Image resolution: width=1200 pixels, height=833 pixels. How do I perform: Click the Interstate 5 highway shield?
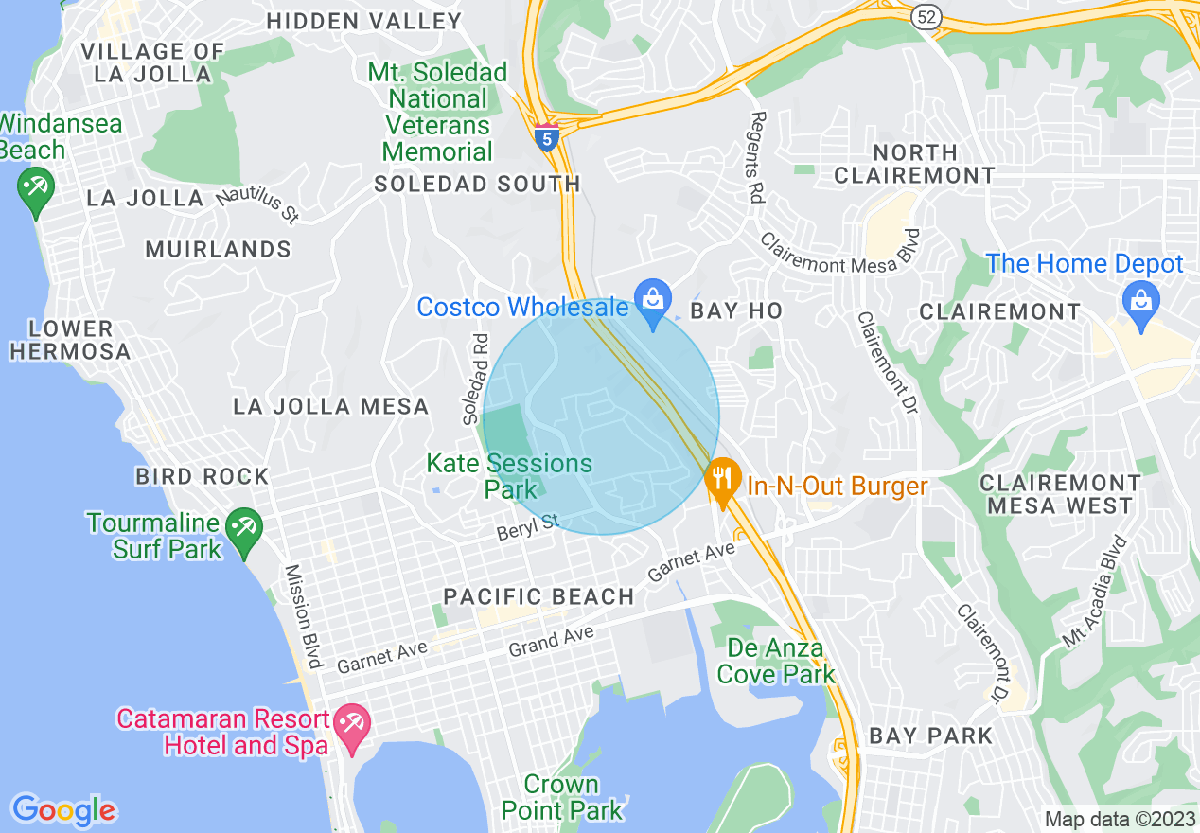tap(546, 136)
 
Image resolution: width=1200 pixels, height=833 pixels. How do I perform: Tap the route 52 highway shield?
tap(926, 16)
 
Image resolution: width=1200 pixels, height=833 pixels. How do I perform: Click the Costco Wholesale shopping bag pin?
tap(652, 302)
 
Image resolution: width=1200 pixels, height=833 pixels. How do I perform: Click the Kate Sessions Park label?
tap(509, 476)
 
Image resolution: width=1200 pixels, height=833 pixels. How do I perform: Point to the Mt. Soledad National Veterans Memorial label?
tap(437, 112)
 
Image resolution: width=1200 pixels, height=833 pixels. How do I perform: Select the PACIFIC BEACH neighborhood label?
tap(538, 596)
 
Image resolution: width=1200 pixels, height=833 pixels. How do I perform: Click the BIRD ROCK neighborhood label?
tap(203, 476)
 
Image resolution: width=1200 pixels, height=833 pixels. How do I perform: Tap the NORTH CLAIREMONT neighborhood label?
tap(914, 164)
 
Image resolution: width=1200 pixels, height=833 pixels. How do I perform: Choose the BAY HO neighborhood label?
tap(736, 311)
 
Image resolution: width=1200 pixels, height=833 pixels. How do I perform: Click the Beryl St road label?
tap(529, 527)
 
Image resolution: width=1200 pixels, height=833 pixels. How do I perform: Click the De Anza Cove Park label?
tap(776, 662)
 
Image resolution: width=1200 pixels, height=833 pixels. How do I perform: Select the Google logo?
tap(63, 810)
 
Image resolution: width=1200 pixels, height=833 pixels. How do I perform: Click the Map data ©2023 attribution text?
tap(1117, 819)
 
